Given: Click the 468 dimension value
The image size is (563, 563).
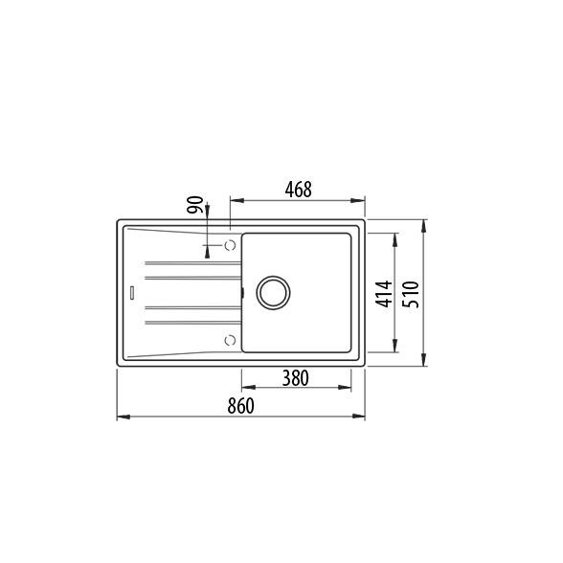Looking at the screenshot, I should [x=299, y=190].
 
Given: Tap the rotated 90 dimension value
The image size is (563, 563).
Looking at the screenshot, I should [x=194, y=206].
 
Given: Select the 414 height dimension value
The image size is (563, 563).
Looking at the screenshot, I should [x=382, y=292].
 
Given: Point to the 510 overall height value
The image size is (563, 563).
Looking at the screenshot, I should [x=410, y=292].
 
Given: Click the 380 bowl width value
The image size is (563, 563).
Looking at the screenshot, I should [x=295, y=378].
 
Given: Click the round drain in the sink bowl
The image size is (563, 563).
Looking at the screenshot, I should [x=270, y=291].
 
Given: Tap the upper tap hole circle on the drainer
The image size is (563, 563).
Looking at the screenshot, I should [x=230, y=246].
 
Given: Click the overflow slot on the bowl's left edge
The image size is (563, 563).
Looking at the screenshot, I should [x=242, y=291].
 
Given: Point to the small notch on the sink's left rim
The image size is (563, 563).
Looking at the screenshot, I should [x=129, y=291].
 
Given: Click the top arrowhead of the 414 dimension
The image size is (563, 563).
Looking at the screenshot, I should [x=395, y=236].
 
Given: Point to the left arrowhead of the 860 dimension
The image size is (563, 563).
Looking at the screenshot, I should [x=122, y=417].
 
